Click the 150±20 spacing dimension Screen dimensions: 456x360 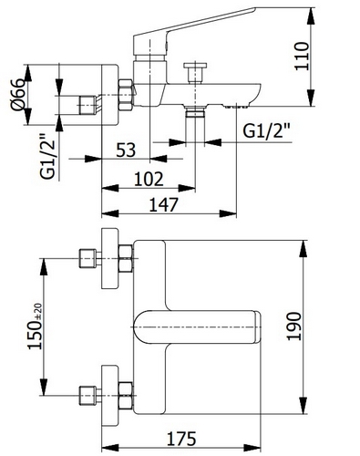coord(36,326)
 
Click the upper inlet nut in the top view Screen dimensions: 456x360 coord(88,259)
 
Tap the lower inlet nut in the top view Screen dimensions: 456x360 coord(88,394)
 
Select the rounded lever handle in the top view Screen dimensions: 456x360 coord(196,326)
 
